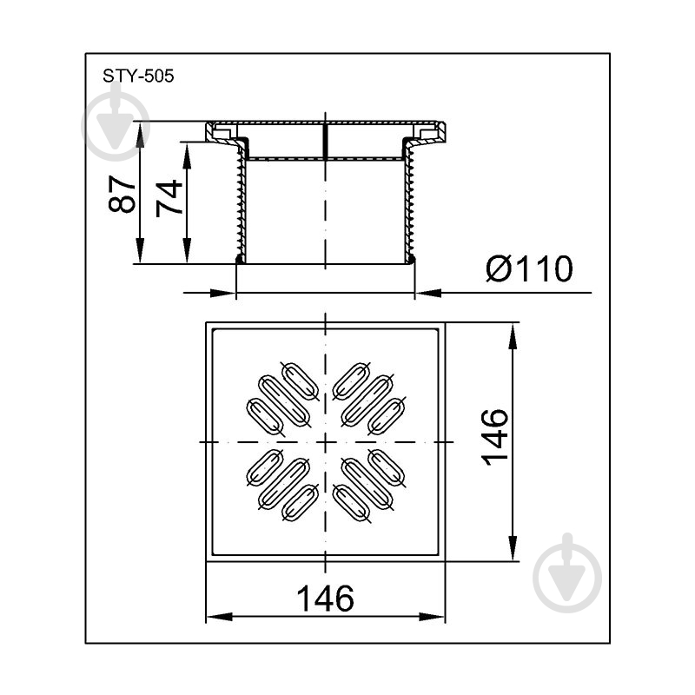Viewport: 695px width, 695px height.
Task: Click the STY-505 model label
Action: [138, 76]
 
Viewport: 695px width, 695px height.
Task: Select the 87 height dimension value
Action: [122, 194]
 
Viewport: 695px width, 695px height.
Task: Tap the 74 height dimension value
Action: [169, 198]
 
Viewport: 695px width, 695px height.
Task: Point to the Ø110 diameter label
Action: [529, 268]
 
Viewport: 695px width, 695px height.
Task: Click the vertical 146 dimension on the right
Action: [495, 437]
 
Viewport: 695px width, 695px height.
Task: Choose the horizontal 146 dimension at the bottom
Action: [325, 599]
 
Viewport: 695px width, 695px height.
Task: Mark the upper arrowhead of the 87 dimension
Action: [140, 135]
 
